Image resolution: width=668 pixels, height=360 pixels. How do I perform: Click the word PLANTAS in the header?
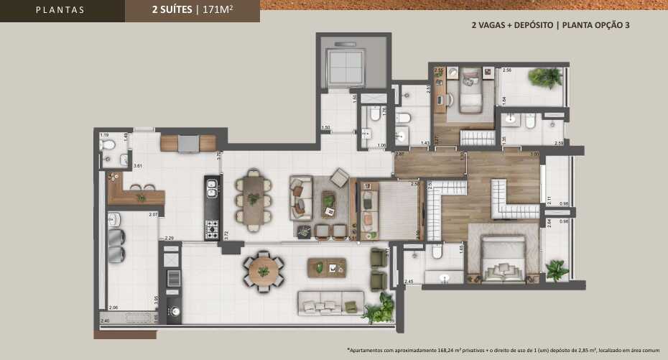[60, 10]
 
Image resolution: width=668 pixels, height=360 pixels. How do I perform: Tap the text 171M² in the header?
[222, 10]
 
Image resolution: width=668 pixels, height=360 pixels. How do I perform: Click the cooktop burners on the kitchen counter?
[212, 229]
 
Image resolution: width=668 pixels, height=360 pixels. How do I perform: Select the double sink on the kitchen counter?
[212, 188]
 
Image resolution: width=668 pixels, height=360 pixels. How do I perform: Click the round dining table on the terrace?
[264, 271]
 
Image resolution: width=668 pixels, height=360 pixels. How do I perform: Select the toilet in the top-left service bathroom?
[108, 146]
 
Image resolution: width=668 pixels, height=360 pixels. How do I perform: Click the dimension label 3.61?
[138, 166]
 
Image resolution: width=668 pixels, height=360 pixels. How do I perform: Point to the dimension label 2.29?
[170, 238]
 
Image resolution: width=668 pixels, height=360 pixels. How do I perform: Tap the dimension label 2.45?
[409, 281]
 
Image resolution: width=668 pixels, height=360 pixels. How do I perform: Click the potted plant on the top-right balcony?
[548, 77]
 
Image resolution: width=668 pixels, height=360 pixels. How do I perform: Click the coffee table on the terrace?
[327, 268]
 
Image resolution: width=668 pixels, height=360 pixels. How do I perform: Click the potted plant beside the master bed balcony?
[555, 269]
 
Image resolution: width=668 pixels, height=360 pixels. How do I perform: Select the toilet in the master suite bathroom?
[436, 251]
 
